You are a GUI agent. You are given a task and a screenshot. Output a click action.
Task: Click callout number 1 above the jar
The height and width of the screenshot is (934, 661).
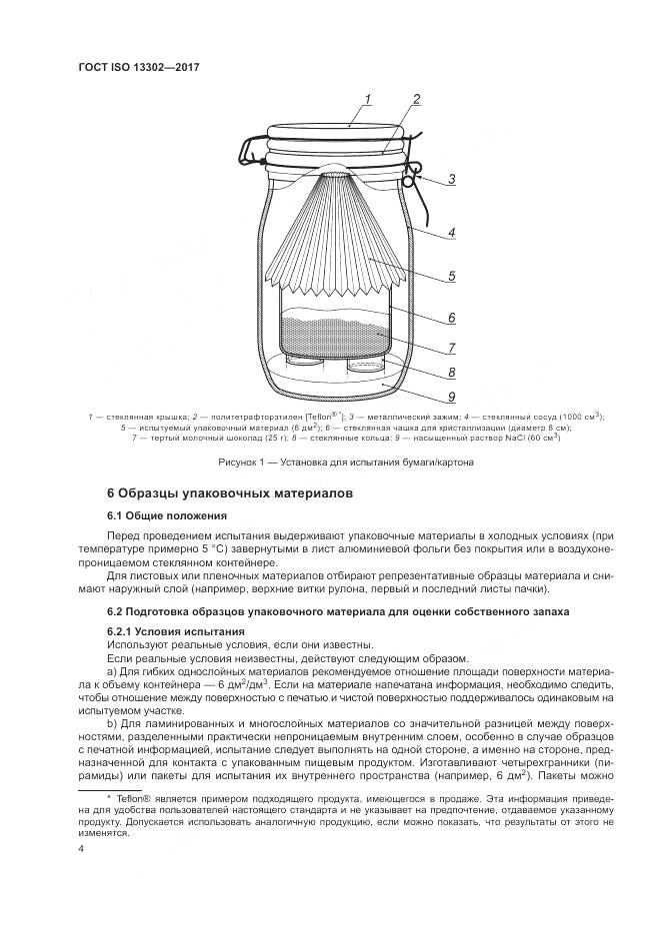pyautogui.click(x=367, y=98)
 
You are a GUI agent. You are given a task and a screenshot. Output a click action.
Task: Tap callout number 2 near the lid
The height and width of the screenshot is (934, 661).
pyautogui.click(x=415, y=98)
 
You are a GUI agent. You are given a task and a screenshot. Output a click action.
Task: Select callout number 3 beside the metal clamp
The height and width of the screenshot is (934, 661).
pyautogui.click(x=451, y=180)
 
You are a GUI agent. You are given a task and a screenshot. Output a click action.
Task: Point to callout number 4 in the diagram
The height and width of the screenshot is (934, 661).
pyautogui.click(x=451, y=233)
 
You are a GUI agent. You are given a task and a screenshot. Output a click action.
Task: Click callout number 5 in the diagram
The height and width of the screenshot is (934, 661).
pyautogui.click(x=451, y=277)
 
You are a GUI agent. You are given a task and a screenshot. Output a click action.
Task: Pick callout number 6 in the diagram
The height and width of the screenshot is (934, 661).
pyautogui.click(x=451, y=318)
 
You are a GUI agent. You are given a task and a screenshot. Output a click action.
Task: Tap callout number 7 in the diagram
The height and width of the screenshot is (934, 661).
pyautogui.click(x=451, y=347)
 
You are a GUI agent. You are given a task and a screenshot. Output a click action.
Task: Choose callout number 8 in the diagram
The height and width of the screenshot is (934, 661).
pyautogui.click(x=451, y=373)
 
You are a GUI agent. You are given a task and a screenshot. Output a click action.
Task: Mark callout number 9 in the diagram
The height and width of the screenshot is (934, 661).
pyautogui.click(x=451, y=397)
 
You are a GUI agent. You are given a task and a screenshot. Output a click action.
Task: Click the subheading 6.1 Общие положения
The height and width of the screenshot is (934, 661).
pyautogui.click(x=166, y=515)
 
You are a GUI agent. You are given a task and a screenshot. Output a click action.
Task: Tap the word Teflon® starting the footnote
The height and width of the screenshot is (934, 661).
pyautogui.click(x=124, y=797)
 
